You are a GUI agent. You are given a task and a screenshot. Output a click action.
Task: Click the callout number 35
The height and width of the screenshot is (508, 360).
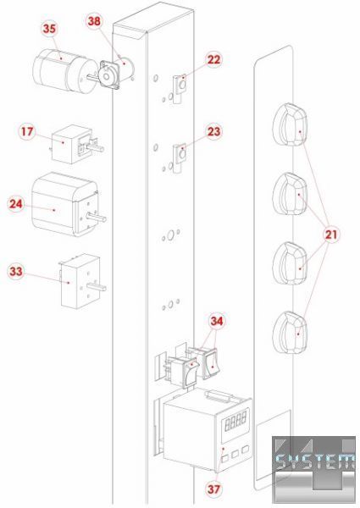pyautogui.click(x=49, y=29)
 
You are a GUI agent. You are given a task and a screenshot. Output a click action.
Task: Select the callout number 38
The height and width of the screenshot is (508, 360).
pyautogui.click(x=94, y=21)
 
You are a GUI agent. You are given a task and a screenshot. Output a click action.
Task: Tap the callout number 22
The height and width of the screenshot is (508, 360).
pyautogui.click(x=213, y=59)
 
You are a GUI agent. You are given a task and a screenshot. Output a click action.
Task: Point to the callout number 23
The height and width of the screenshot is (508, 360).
pyautogui.click(x=213, y=132)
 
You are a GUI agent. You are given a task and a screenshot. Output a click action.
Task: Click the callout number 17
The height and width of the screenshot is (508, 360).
pyautogui.click(x=27, y=131)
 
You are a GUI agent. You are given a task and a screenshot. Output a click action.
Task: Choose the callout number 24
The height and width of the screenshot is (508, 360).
pyautogui.click(x=16, y=204)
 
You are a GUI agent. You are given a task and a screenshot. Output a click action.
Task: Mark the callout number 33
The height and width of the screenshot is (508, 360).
pyautogui.click(x=16, y=272)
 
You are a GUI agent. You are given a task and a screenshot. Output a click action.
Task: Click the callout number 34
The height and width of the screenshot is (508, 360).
pyautogui.click(x=217, y=321)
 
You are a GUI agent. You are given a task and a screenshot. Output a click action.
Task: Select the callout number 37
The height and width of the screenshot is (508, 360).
pyautogui.click(x=213, y=489)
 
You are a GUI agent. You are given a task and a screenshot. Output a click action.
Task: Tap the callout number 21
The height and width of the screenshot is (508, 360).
pyautogui.click(x=331, y=235)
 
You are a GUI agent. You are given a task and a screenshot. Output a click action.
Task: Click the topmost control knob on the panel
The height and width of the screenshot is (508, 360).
pyautogui.click(x=290, y=125)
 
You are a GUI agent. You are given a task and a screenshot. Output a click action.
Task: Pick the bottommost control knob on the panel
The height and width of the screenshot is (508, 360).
pyautogui.click(x=290, y=333)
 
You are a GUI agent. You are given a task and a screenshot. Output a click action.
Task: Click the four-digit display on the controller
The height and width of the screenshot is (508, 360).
pyautogui.click(x=235, y=421)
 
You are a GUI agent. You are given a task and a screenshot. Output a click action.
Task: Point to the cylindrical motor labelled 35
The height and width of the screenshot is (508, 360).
pyautogui.click(x=65, y=69)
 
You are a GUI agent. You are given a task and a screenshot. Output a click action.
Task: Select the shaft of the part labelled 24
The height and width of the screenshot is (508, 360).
pyautogui.click(x=96, y=218)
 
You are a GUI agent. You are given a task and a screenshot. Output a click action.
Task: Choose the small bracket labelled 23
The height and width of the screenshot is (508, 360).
pyautogui.click(x=180, y=158)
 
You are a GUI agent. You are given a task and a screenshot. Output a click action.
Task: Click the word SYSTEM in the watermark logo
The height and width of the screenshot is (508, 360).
pyautogui.click(x=315, y=461)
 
